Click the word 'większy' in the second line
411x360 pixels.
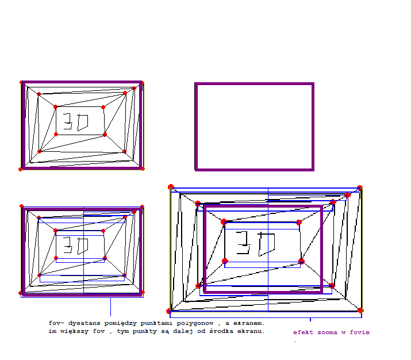[74, 331]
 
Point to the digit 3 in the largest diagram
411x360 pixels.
[243, 243]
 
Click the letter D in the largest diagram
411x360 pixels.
[267, 244]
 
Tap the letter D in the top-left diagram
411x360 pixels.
[83, 122]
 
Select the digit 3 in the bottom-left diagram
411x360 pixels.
[68, 245]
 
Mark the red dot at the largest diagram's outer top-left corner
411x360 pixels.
[171, 187]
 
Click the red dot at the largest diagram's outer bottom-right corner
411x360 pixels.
[360, 311]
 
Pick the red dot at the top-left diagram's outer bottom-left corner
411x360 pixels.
[20, 170]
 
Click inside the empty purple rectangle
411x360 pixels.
[254, 127]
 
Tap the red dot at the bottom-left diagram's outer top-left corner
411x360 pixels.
[21, 206]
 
